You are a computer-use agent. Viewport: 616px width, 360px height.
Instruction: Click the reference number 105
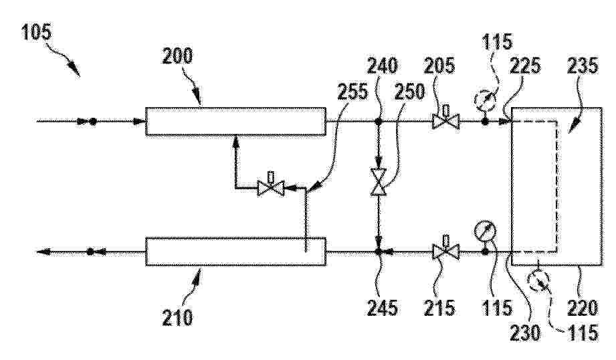coord(37,32)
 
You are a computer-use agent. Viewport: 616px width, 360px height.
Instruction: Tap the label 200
coord(177,56)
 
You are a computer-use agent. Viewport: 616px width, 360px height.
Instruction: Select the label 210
coord(177,317)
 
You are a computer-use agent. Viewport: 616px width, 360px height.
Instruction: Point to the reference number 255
coord(352,92)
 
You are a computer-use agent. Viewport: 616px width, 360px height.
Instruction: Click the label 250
coord(409,92)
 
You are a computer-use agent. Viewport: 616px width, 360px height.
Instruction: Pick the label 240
coord(382,66)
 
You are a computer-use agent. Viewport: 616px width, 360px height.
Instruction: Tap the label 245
coord(382,307)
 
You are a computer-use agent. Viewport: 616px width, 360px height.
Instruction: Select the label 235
coord(583,66)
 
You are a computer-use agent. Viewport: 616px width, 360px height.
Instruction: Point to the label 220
coord(583,307)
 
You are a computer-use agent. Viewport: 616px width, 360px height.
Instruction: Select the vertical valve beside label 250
coord(379,182)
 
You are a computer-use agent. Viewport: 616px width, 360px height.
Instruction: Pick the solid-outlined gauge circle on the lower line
coord(484,232)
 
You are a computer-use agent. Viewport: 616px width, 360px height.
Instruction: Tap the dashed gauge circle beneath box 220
coord(538,282)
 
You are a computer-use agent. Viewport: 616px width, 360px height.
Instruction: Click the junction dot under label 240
coord(379,121)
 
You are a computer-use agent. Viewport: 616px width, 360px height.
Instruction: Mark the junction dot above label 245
coord(379,252)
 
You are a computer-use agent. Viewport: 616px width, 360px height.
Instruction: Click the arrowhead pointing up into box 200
coord(235,140)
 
